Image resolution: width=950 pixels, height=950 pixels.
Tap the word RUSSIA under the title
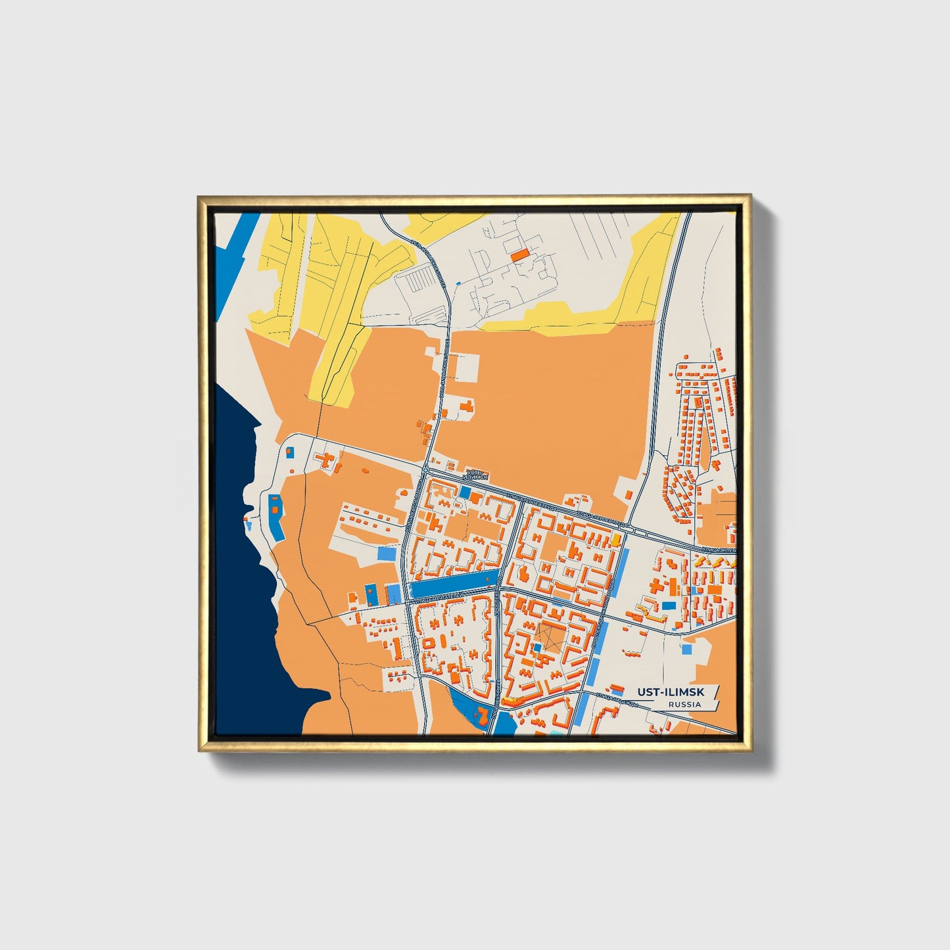click(684, 704)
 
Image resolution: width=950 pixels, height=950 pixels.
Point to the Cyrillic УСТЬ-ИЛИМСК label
click(475, 474)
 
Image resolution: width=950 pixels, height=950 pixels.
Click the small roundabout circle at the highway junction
click(426, 470)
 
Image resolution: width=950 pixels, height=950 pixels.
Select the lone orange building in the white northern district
click(520, 254)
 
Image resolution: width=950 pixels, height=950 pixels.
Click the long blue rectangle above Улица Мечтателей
click(453, 582)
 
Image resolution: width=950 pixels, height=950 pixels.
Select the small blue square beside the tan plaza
click(537, 647)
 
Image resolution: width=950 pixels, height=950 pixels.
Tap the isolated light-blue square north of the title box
click(686, 649)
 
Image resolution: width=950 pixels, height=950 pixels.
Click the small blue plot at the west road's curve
click(290, 452)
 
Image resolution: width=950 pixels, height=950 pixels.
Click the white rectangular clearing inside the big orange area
click(468, 368)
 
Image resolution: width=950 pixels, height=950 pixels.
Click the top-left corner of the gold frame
click(201, 197)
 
